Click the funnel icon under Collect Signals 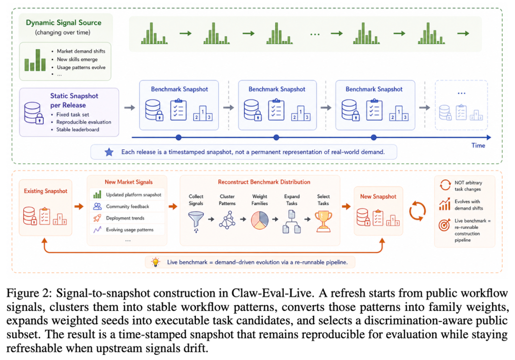196,221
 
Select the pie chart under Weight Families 259,220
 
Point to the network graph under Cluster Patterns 227,220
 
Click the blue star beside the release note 109,152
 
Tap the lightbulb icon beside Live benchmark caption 155,262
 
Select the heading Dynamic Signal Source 64,23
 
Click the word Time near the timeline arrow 478,145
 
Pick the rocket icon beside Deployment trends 97,218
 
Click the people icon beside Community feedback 97,206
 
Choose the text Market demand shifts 81,51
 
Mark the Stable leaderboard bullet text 78,129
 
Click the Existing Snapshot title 46,191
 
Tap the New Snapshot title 378,196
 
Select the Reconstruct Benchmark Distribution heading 264,182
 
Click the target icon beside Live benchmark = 444,225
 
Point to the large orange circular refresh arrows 417,211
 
